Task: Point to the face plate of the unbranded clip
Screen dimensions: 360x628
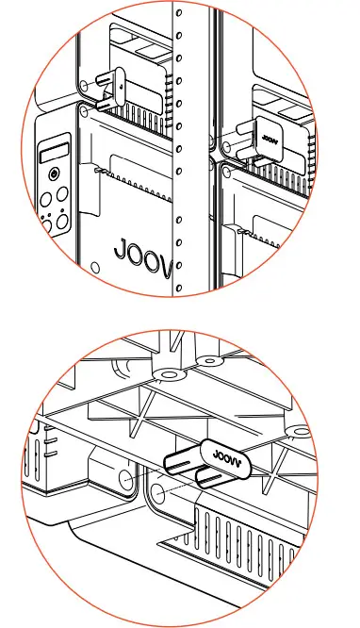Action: click(x=117, y=85)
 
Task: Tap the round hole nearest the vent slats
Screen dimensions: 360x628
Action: click(x=158, y=493)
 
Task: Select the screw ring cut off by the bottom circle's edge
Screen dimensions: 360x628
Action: click(x=300, y=432)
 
